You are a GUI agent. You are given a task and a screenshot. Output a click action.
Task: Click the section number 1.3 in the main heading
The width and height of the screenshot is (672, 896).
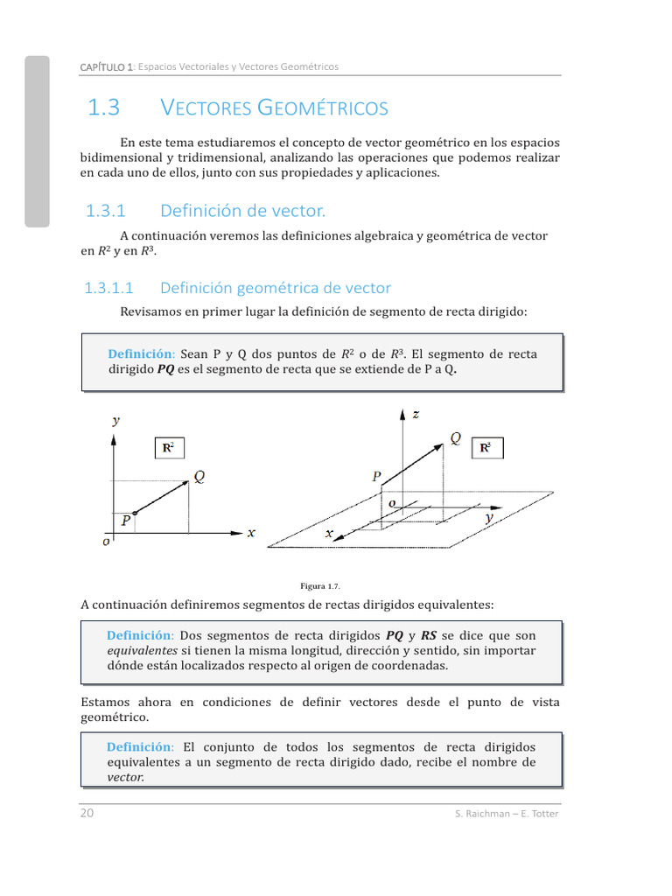pyautogui.click(x=103, y=108)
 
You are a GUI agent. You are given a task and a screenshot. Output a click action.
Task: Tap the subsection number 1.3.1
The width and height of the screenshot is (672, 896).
pyautogui.click(x=106, y=211)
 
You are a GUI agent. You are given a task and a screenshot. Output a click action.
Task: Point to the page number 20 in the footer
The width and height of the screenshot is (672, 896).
pyautogui.click(x=87, y=813)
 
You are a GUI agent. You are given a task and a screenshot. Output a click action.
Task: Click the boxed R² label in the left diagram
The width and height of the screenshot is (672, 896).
pyautogui.click(x=169, y=448)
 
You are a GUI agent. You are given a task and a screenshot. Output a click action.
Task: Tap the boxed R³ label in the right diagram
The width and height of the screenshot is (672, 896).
pyautogui.click(x=486, y=448)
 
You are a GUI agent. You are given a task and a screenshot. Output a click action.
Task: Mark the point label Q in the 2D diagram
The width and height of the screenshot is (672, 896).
pyautogui.click(x=199, y=476)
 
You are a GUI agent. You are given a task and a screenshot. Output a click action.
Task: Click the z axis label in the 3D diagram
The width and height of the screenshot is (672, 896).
pyautogui.click(x=416, y=414)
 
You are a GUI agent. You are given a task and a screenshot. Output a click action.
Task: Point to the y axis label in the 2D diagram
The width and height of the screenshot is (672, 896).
pyautogui.click(x=115, y=420)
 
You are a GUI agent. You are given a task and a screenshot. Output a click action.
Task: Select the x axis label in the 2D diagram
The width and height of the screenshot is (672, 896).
pyautogui.click(x=251, y=532)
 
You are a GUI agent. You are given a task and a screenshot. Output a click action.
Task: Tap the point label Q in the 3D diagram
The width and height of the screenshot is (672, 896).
pyautogui.click(x=456, y=437)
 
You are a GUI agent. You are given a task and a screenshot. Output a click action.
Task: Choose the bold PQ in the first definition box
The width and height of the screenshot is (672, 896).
pyautogui.click(x=165, y=369)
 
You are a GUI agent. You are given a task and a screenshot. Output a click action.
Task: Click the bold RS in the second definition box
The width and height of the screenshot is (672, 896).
pyautogui.click(x=429, y=635)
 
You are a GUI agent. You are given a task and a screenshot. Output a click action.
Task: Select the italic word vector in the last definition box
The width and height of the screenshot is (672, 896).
pyautogui.click(x=125, y=777)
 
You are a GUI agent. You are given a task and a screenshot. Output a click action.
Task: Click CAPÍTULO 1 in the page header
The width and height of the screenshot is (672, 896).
pyautogui.click(x=106, y=66)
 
